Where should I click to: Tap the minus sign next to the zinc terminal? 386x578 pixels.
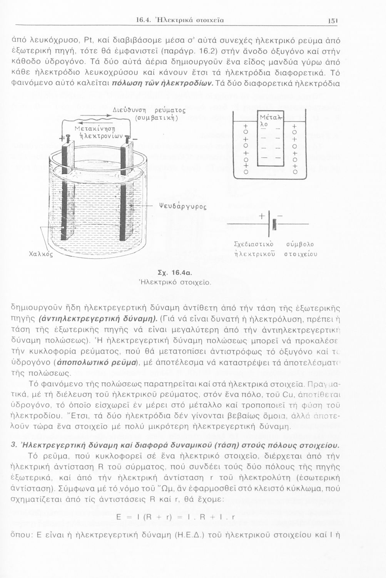coord(135,139)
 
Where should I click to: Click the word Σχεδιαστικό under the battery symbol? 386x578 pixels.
coord(254,244)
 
